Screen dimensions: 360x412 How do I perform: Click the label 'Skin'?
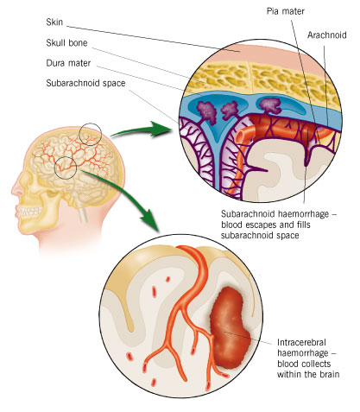click(x=54, y=22)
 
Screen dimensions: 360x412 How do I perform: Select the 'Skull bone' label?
click(x=66, y=43)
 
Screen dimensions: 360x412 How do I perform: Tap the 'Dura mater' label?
click(x=68, y=63)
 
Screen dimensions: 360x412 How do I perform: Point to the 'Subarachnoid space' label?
click(x=85, y=84)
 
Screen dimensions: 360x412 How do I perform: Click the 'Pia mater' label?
click(x=286, y=11)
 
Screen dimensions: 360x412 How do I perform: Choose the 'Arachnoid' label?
click(x=327, y=35)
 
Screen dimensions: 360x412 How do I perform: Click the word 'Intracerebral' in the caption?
click(x=301, y=342)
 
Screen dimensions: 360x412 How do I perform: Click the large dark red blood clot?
click(x=230, y=328)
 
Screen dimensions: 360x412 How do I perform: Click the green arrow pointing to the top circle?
click(x=141, y=130)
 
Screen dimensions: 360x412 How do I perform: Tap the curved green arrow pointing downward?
click(x=127, y=193)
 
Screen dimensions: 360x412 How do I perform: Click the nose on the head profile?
click(x=16, y=191)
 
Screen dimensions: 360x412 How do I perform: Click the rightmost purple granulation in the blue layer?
click(x=269, y=105)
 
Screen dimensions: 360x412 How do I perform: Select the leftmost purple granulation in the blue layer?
click(x=206, y=111)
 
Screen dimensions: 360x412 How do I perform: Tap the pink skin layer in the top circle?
click(x=259, y=54)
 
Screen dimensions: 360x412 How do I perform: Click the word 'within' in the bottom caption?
click(x=290, y=374)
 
